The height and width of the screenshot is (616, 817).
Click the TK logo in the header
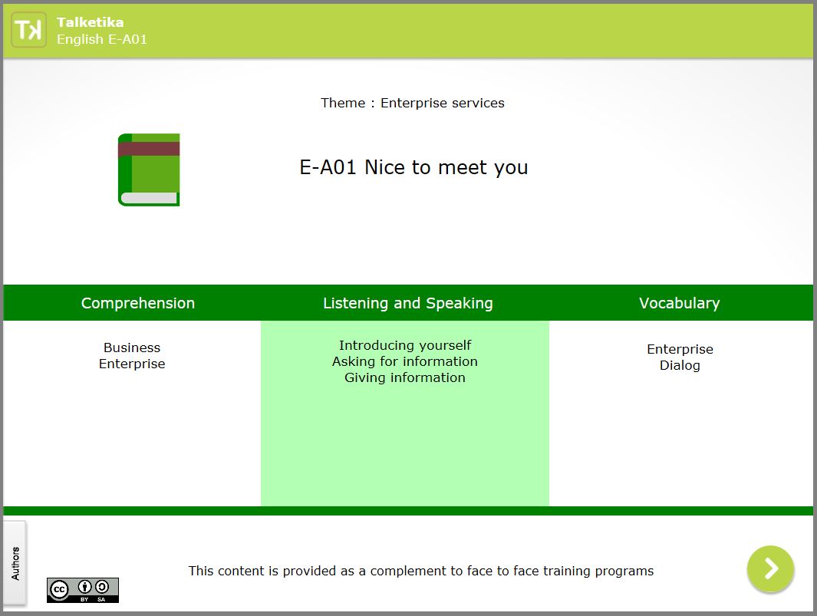pyautogui.click(x=28, y=30)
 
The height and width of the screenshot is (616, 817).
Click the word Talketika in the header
pyautogui.click(x=91, y=22)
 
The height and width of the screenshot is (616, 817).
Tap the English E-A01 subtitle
pyautogui.click(x=102, y=39)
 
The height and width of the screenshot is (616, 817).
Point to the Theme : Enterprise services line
pyautogui.click(x=413, y=103)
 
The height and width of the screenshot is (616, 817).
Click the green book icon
pyautogui.click(x=149, y=170)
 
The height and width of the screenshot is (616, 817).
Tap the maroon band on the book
pyautogui.click(x=149, y=149)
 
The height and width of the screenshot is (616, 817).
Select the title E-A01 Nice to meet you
pyautogui.click(x=413, y=167)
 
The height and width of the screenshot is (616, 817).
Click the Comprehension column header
pyautogui.click(x=138, y=303)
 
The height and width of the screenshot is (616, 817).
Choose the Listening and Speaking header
pyautogui.click(x=408, y=303)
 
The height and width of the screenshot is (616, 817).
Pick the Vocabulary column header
pyautogui.click(x=680, y=303)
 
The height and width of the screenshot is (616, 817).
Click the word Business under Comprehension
pyautogui.click(x=132, y=348)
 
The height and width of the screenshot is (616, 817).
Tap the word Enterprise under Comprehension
pyautogui.click(x=132, y=364)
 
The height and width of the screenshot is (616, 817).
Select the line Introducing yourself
pyautogui.click(x=405, y=345)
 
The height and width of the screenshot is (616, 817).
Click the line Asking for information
pyautogui.click(x=405, y=361)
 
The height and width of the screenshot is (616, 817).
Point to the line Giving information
pyautogui.click(x=405, y=377)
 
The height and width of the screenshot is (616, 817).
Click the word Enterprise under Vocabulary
pyautogui.click(x=680, y=349)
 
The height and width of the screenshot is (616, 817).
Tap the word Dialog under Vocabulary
pyautogui.click(x=680, y=365)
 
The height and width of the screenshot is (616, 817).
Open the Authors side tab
pyautogui.click(x=15, y=563)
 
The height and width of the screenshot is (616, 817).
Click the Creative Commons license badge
pyautogui.click(x=83, y=590)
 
